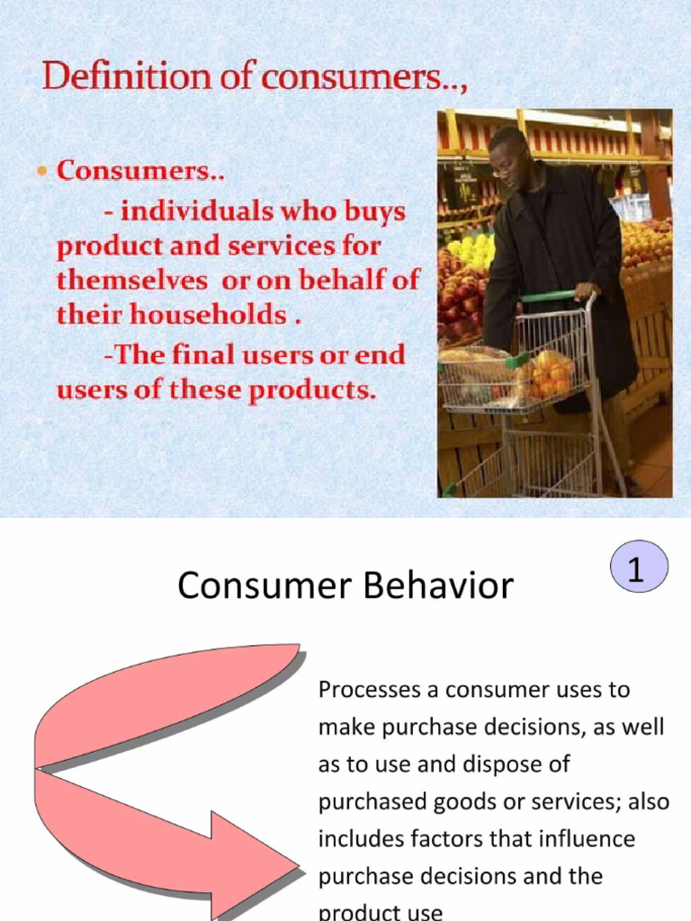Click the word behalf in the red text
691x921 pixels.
coord(329,280)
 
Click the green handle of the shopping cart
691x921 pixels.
coord(549,296)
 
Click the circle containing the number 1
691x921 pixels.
coord(638,571)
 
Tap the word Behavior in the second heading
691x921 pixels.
coord(437,586)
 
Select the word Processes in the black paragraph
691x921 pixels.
coord(363,690)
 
